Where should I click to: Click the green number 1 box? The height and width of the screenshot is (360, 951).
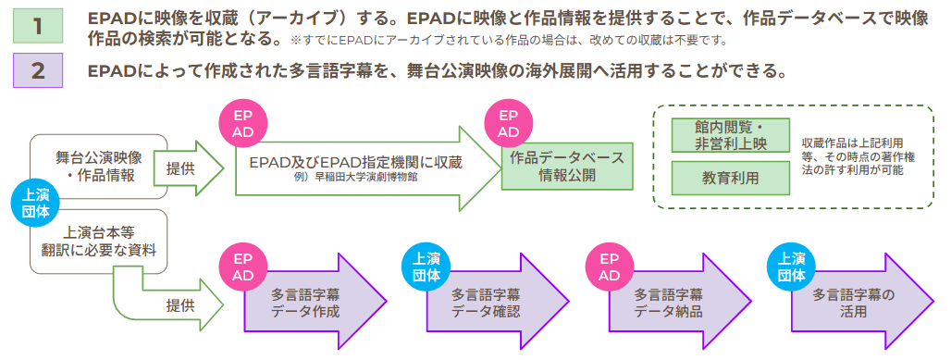pos(38,27)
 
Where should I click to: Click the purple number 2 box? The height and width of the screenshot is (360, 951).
pos(38,71)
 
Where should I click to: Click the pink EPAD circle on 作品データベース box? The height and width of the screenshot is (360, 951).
pos(508,124)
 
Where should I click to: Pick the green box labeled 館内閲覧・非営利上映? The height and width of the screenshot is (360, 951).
pos(730,135)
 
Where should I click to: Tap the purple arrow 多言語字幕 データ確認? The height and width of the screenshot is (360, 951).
pos(490,303)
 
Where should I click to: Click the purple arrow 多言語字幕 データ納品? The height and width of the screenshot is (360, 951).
pos(671,303)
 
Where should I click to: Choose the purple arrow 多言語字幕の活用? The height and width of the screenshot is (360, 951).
pos(855,303)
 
